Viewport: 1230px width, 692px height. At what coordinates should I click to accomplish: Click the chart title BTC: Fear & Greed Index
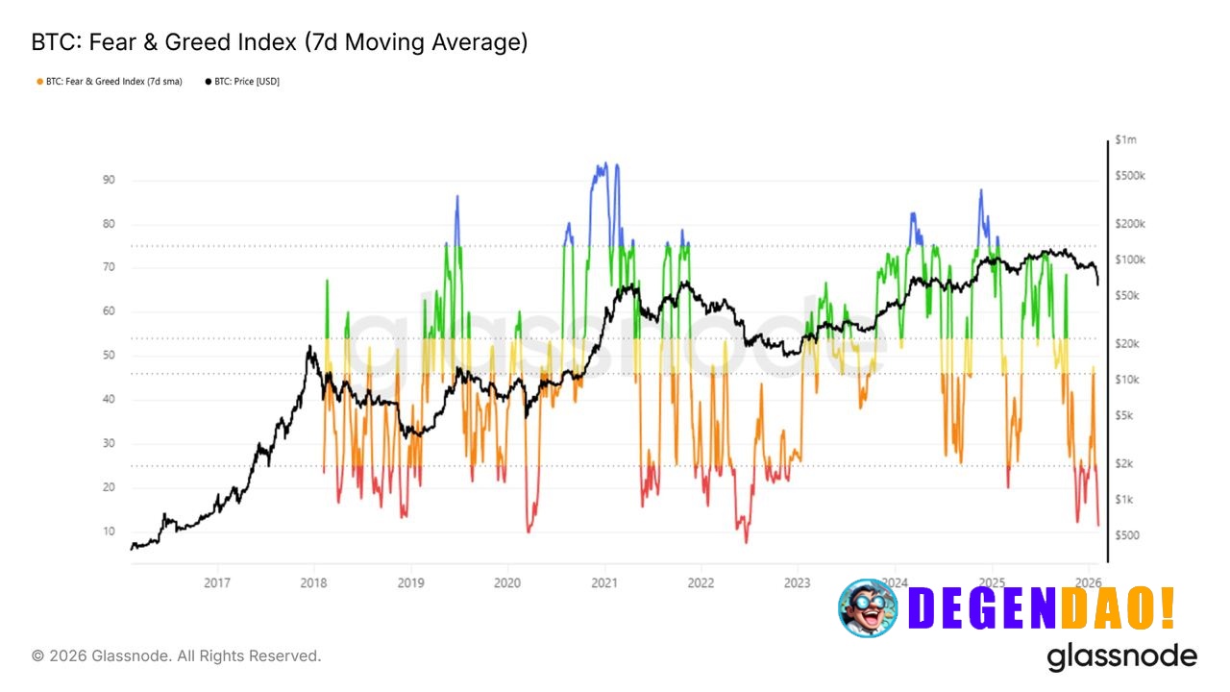click(279, 43)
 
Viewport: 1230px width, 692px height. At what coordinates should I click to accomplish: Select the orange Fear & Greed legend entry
click(108, 82)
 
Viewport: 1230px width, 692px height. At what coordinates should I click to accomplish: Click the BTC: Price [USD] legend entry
click(242, 82)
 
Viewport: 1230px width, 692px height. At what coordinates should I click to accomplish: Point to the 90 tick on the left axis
click(109, 180)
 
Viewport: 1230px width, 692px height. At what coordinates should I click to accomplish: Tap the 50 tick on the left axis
click(109, 356)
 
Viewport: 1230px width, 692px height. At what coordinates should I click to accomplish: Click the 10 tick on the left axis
click(109, 531)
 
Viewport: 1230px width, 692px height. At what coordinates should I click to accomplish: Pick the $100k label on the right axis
click(1129, 259)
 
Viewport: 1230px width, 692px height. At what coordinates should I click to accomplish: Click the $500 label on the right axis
click(1127, 535)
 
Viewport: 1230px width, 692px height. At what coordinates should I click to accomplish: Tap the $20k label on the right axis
click(1127, 344)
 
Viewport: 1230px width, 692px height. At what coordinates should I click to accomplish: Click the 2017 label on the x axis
click(218, 582)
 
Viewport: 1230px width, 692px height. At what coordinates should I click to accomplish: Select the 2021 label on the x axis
click(603, 582)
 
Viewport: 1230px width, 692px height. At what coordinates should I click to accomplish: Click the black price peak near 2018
click(309, 348)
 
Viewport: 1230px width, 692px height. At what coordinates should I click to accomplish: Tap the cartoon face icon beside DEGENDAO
click(867, 607)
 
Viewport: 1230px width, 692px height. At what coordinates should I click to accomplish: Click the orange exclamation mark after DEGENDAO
click(1166, 607)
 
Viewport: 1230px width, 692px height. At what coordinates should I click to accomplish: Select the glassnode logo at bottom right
click(1121, 656)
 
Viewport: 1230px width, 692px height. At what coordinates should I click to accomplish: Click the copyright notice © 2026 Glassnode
click(177, 655)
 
